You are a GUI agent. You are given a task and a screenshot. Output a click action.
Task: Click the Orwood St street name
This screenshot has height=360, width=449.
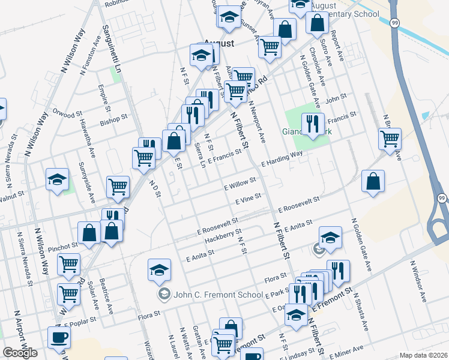[66, 113]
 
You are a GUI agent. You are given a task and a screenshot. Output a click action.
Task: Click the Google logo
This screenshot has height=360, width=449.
[20, 353]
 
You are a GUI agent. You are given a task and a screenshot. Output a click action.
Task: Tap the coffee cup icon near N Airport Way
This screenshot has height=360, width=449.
[59, 337]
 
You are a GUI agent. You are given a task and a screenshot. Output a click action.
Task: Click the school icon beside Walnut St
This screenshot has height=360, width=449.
[57, 179]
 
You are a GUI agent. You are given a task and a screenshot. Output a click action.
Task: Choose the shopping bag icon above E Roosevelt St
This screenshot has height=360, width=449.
[373, 181]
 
